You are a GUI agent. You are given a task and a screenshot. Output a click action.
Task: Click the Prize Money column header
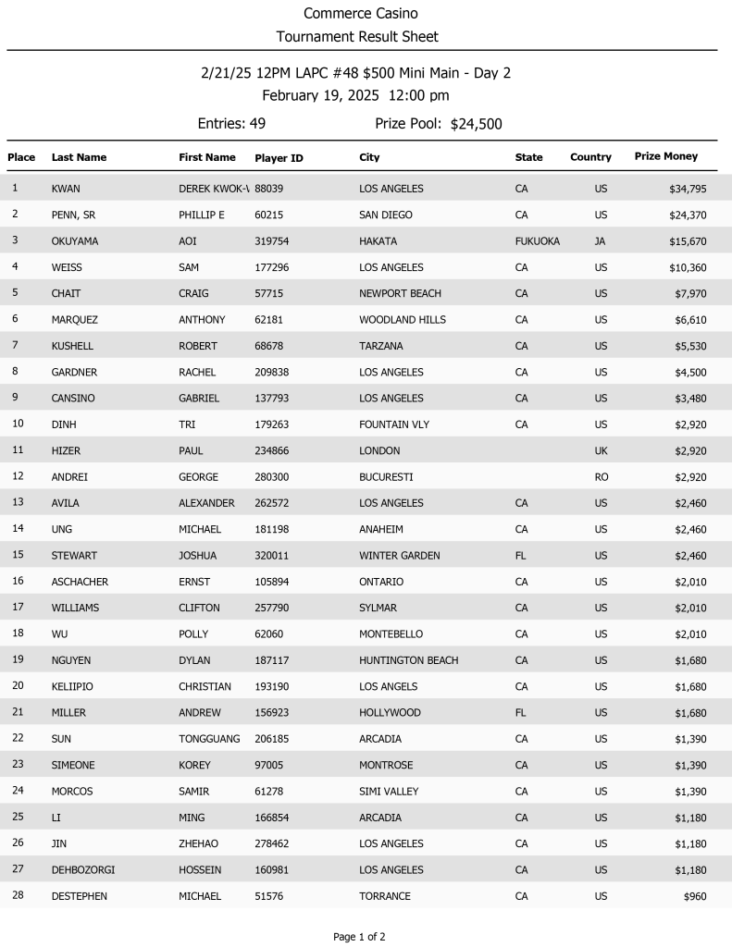pyautogui.click(x=665, y=156)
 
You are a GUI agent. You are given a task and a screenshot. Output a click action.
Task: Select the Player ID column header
pyautogui.click(x=279, y=158)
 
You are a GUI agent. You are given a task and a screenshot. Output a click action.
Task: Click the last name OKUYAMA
pyautogui.click(x=75, y=241)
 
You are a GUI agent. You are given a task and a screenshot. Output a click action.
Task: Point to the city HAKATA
pyautogui.click(x=378, y=241)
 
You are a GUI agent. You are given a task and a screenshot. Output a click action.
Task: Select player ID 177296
pyautogui.click(x=274, y=267)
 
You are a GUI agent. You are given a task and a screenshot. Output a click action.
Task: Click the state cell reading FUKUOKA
pyautogui.click(x=537, y=241)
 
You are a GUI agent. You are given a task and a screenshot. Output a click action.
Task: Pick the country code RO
pyautogui.click(x=601, y=477)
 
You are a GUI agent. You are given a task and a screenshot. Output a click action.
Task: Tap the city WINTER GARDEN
pyautogui.click(x=399, y=556)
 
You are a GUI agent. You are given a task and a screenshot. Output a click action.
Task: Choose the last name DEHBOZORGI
pyautogui.click(x=83, y=870)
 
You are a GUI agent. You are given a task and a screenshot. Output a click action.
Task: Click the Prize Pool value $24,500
pyautogui.click(x=476, y=124)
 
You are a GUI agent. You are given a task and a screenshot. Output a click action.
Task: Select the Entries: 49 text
pyautogui.click(x=231, y=124)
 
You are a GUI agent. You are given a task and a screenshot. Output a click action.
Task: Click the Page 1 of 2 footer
pyautogui.click(x=359, y=937)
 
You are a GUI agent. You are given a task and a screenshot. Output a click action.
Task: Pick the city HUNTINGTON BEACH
pyautogui.click(x=408, y=660)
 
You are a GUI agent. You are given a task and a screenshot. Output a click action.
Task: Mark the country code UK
pyautogui.click(x=601, y=451)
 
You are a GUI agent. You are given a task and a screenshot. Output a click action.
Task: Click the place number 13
pyautogui.click(x=17, y=502)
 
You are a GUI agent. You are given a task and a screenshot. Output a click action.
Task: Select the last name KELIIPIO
pyautogui.click(x=72, y=686)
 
